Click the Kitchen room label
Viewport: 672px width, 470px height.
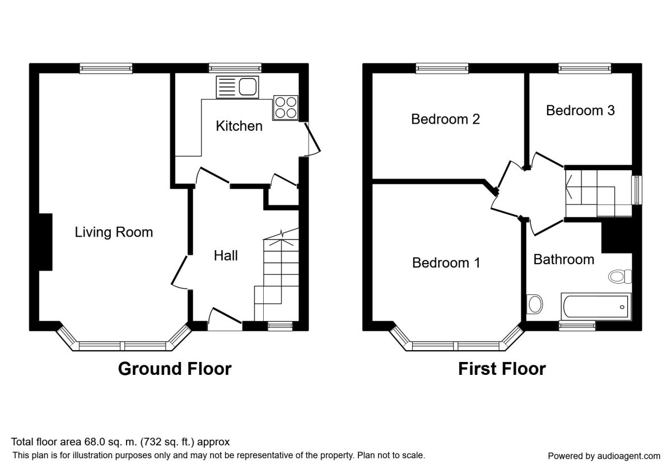coord(239,126)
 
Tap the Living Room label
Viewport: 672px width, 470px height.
coord(114,232)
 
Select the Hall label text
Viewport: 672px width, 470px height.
coord(226,256)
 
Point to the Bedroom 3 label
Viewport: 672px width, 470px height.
coord(580,111)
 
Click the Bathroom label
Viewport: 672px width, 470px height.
coord(564,260)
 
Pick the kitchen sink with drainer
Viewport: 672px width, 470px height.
coord(237,87)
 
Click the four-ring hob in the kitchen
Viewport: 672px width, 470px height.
coord(286,108)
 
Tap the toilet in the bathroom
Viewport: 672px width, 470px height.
coord(620,276)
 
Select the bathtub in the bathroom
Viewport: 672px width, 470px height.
coord(596,307)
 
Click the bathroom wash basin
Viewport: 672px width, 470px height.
coord(535,304)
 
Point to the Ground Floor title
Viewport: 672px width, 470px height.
coord(175,369)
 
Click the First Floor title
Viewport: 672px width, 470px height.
coord(502,369)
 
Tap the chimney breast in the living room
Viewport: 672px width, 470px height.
coord(45,242)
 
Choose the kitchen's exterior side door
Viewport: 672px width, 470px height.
coord(312,139)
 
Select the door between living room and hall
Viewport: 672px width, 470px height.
coord(180,272)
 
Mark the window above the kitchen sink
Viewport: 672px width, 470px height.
coord(235,68)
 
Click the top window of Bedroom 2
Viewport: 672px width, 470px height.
coord(442,68)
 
